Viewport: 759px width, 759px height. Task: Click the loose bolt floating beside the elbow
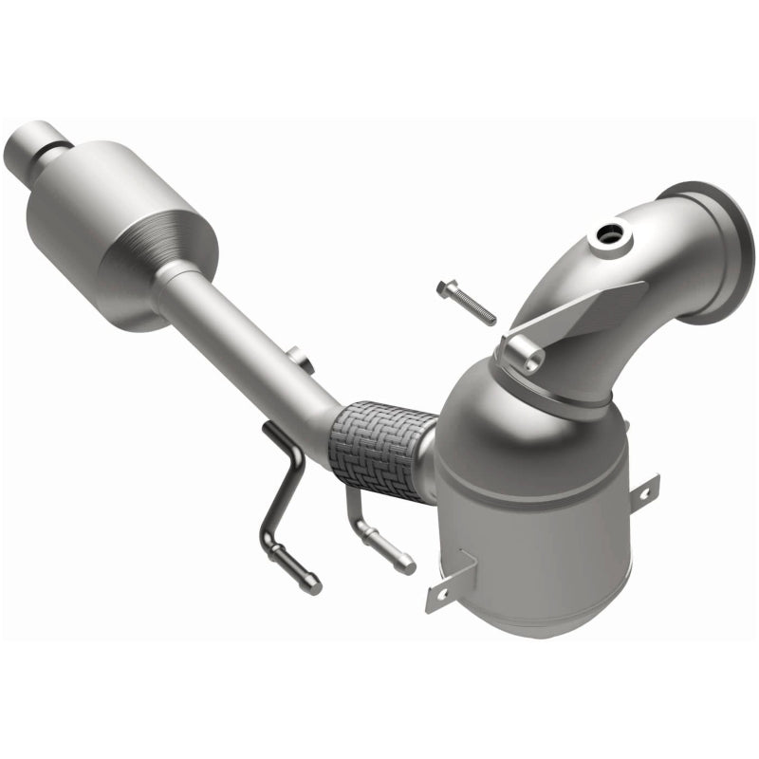[467, 303]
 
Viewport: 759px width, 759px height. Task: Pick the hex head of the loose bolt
[442, 286]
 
